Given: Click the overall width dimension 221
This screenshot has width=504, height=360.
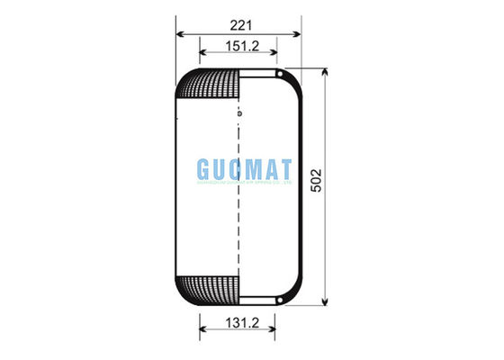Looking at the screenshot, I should [238, 22].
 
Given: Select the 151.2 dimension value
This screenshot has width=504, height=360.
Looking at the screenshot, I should [238, 46].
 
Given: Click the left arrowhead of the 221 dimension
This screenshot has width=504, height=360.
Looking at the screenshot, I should [178, 34].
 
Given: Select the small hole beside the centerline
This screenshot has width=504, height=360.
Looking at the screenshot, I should [240, 113].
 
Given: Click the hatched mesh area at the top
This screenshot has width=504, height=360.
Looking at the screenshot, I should [209, 85].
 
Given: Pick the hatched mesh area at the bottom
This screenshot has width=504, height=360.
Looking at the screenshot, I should [209, 288].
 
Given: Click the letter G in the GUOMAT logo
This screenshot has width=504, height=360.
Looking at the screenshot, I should [203, 169].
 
